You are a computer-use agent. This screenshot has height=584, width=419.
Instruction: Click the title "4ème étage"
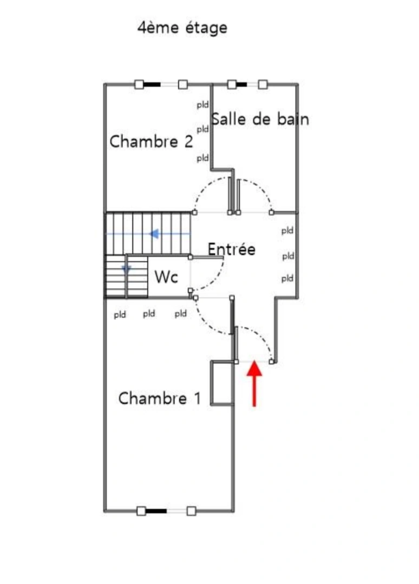tap(182, 28)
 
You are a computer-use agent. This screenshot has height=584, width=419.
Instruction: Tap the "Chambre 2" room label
tap(151, 142)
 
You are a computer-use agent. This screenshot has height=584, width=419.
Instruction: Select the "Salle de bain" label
tap(260, 118)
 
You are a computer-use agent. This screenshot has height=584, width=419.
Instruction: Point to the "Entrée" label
tap(231, 249)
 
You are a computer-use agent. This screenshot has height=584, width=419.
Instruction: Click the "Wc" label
tap(166, 277)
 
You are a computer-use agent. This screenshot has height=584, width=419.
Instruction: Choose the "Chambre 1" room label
tap(159, 399)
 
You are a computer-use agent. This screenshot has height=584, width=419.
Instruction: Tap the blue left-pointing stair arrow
tap(154, 234)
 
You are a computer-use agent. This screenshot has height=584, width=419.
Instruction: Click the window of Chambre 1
tap(166, 510)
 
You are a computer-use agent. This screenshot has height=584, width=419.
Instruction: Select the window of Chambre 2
tap(161, 84)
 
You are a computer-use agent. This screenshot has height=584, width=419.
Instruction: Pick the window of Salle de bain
tap(247, 84)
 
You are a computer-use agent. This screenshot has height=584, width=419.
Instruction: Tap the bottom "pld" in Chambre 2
tap(202, 158)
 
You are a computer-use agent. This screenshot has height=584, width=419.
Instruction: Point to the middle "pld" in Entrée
tap(287, 255)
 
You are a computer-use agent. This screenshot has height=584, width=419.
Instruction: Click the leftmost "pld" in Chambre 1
tap(120, 315)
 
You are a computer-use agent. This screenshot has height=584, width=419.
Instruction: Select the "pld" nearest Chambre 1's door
tap(181, 314)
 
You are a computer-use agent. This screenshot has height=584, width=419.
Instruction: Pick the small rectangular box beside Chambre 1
tap(220, 382)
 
